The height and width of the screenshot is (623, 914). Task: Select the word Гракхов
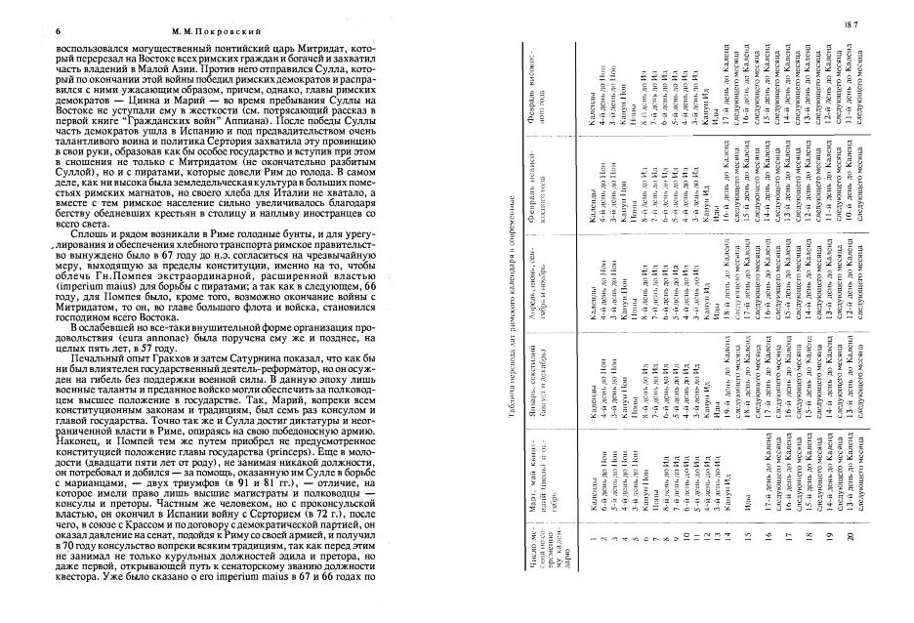point(155,379)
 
